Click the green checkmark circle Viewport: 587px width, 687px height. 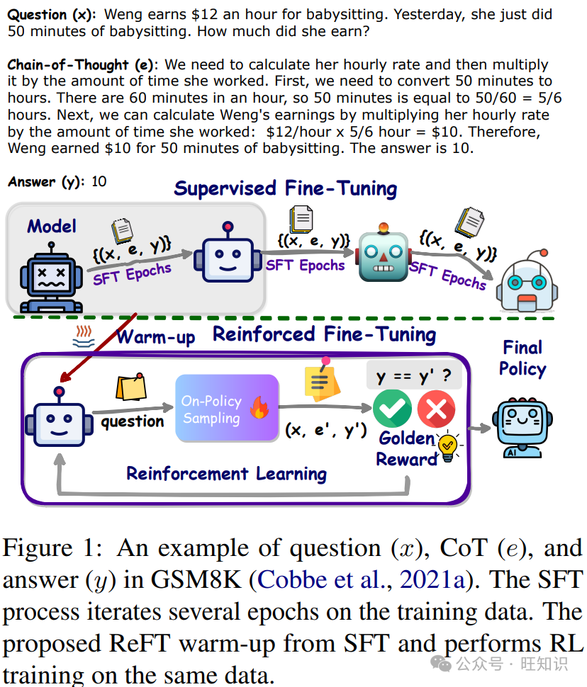392,409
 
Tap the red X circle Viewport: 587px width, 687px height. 436,409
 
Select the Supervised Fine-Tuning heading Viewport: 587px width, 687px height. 286,188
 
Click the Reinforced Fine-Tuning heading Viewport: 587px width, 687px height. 325,334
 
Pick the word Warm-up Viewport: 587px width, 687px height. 155,336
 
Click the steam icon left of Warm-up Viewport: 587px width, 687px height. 84,336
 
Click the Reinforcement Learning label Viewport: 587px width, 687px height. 226,473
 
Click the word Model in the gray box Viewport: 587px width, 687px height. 52,226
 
